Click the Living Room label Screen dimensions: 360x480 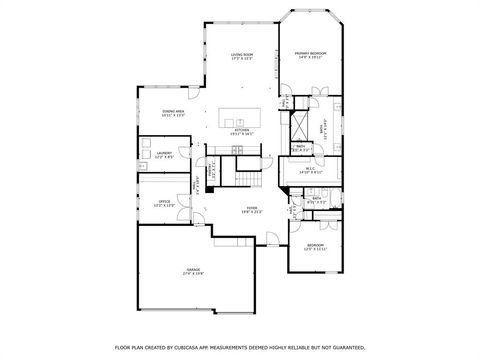pyautogui.click(x=241, y=54)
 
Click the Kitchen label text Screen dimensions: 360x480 pyautogui.click(x=241, y=130)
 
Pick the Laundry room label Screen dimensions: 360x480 pyautogui.click(x=164, y=154)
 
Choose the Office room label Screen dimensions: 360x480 pyautogui.click(x=164, y=201)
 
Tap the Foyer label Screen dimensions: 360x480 pyautogui.click(x=251, y=208)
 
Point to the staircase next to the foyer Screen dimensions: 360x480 pyautogui.click(x=240, y=178)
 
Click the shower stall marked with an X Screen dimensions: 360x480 pyautogui.click(x=298, y=124)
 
